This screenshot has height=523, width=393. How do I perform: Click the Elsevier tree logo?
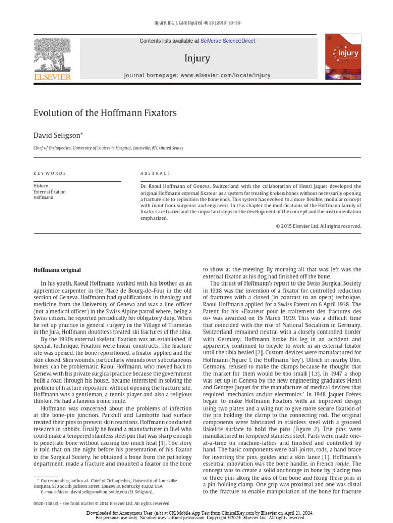pyautogui.click(x=52, y=54)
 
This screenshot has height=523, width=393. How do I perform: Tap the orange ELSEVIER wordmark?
pyautogui.click(x=52, y=77)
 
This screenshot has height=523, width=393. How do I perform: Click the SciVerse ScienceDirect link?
pyautogui.click(x=228, y=41)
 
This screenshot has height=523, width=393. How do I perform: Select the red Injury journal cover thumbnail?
pyautogui.click(x=342, y=56)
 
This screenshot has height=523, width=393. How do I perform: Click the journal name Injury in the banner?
pyautogui.click(x=197, y=58)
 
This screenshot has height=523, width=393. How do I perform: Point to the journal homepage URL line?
pyautogui.click(x=197, y=75)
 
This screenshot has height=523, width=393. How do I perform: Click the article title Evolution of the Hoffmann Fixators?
pyautogui.click(x=105, y=113)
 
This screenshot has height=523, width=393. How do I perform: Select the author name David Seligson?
pyautogui.click(x=58, y=135)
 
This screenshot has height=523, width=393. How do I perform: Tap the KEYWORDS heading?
pyautogui.click(x=50, y=173)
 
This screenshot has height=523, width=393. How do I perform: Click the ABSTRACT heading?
pyautogui.click(x=156, y=173)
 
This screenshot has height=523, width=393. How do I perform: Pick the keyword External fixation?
pyautogui.click(x=50, y=192)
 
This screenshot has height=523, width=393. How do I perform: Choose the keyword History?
pyautogui.click(x=40, y=186)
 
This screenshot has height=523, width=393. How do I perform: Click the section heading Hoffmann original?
pyautogui.click(x=57, y=270)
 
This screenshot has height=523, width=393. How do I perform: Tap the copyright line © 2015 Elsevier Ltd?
pyautogui.click(x=318, y=226)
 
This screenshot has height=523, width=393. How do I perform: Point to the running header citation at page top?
pyautogui.click(x=197, y=22)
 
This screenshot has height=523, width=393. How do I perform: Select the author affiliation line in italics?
pyautogui.click(x=108, y=148)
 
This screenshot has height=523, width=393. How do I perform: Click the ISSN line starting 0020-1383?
pyautogui.click(x=102, y=503)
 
